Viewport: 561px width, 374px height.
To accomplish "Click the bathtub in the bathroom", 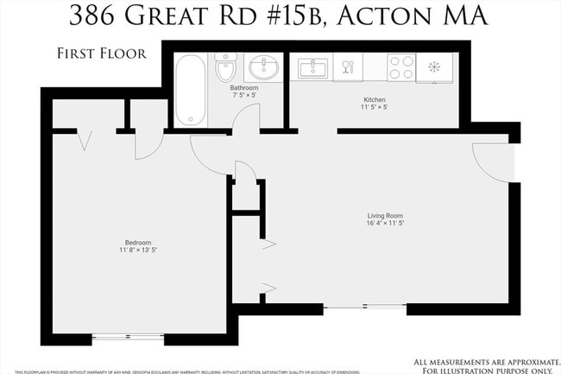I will [190, 90].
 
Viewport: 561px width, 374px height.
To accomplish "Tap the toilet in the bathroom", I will [225, 67].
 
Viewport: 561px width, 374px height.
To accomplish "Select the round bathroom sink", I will [260, 67].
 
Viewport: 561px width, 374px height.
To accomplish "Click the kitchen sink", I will [312, 67].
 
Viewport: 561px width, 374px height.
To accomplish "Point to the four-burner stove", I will [400, 67].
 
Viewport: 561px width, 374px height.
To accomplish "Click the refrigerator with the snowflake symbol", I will [434, 67].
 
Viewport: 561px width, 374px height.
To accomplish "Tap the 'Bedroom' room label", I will [137, 243].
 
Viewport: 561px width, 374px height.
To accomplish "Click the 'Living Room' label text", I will [385, 216].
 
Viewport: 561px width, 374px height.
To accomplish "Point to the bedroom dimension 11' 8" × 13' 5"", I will [138, 250].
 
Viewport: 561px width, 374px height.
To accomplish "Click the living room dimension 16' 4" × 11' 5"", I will [385, 225].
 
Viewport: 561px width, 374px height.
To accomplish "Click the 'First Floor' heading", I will [101, 53].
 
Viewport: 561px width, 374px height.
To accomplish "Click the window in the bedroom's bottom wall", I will [128, 335].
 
